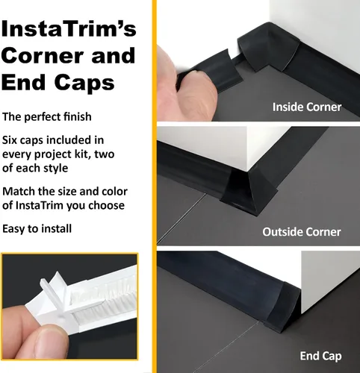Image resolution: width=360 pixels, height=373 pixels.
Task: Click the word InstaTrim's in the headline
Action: pyautogui.click(x=69, y=28)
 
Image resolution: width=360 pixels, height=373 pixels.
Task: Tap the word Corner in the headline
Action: pyautogui.click(x=43, y=55)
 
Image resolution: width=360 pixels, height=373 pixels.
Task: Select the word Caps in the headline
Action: pyautogui.click(x=84, y=84)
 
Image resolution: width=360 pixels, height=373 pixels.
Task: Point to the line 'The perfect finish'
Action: pyautogui.click(x=47, y=116)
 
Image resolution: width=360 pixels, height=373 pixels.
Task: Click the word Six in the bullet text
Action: pyautogui.click(x=9, y=140)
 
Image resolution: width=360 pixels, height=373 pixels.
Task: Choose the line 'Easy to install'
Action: pyautogui.click(x=37, y=228)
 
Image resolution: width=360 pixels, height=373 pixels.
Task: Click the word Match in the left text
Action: pyautogui.click(x=19, y=192)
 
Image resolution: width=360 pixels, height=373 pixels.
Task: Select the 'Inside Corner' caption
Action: pyautogui.click(x=307, y=107)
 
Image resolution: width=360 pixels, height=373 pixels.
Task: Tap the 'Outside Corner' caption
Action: pyautogui.click(x=302, y=232)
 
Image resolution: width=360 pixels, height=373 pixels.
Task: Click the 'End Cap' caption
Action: pyautogui.click(x=320, y=356)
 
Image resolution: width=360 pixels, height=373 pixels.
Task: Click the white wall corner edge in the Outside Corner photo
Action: pyautogui.click(x=247, y=148)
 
